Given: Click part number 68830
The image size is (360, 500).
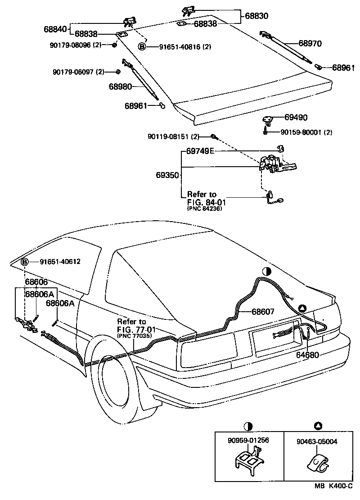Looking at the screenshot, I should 256,16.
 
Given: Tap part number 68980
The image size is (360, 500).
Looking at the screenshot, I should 120,86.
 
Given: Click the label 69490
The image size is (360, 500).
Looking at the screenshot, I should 296,118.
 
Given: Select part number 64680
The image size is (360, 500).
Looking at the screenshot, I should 307,355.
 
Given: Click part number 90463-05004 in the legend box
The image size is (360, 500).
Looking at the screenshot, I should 317,442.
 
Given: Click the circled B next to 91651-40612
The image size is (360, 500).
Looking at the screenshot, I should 25,262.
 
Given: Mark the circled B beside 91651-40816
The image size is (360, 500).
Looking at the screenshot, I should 142,46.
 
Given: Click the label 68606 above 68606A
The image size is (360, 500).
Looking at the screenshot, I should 36,282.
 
